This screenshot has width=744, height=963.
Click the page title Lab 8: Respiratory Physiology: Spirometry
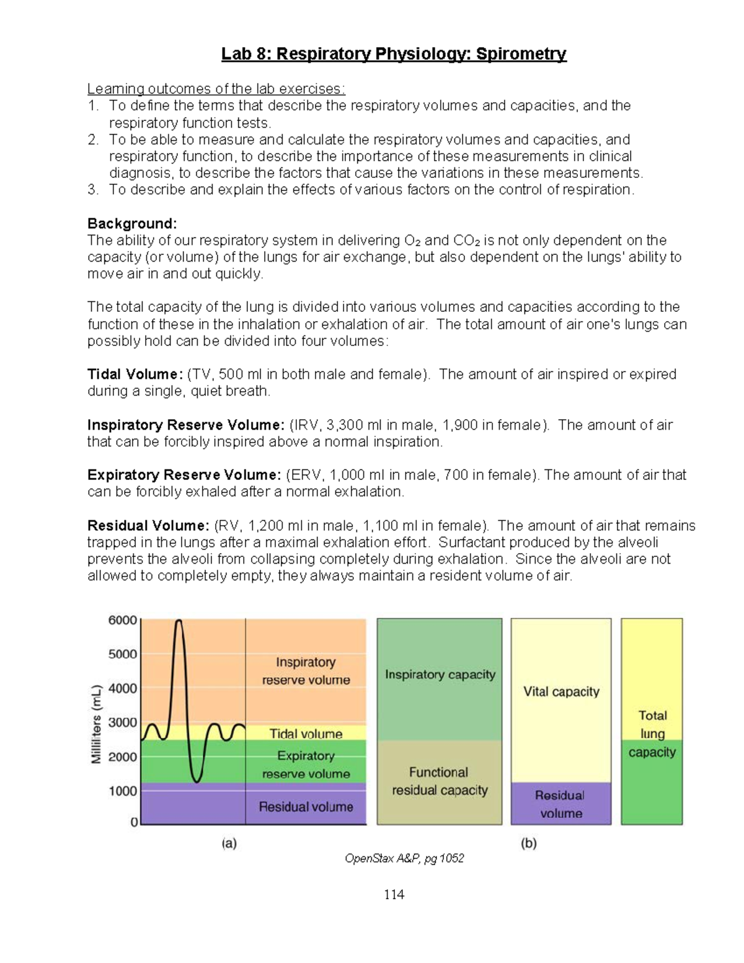[x=394, y=55]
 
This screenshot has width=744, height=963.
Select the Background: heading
[x=132, y=223]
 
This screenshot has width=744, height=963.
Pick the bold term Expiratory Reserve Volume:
[x=184, y=475]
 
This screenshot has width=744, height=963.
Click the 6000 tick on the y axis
[x=123, y=620]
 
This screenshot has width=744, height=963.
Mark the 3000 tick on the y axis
[x=123, y=722]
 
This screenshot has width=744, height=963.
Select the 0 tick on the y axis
[x=134, y=822]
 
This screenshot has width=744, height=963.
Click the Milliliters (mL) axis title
[x=96, y=724]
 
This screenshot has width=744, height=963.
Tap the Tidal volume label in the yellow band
[x=306, y=734]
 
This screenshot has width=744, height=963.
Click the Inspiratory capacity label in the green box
[x=440, y=675]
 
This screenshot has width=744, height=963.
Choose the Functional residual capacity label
[x=440, y=781]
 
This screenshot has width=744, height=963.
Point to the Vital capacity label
[x=561, y=692]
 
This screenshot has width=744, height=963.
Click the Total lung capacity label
[x=652, y=734]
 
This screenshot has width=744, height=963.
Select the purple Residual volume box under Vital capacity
[x=560, y=804]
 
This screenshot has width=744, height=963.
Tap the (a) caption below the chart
[x=229, y=843]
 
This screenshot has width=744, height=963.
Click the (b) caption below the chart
[x=528, y=843]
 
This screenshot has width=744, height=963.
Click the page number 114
[x=394, y=894]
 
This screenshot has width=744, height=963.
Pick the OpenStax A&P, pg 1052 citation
[x=404, y=859]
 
